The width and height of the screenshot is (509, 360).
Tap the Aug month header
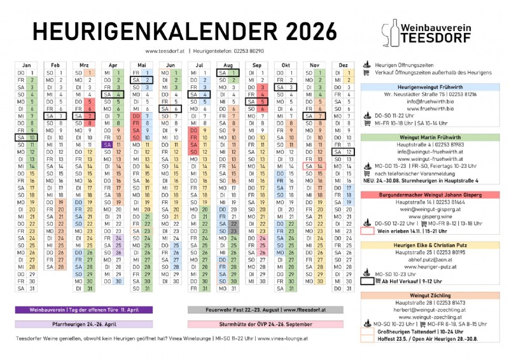228,65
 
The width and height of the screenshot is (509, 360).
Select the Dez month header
343,65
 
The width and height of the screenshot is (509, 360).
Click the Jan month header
26,65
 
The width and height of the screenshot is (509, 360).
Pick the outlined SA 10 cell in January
26,137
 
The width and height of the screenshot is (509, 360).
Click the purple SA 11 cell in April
112,144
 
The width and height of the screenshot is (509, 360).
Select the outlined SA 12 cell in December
343,152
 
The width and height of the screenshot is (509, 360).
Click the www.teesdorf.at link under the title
164,50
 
